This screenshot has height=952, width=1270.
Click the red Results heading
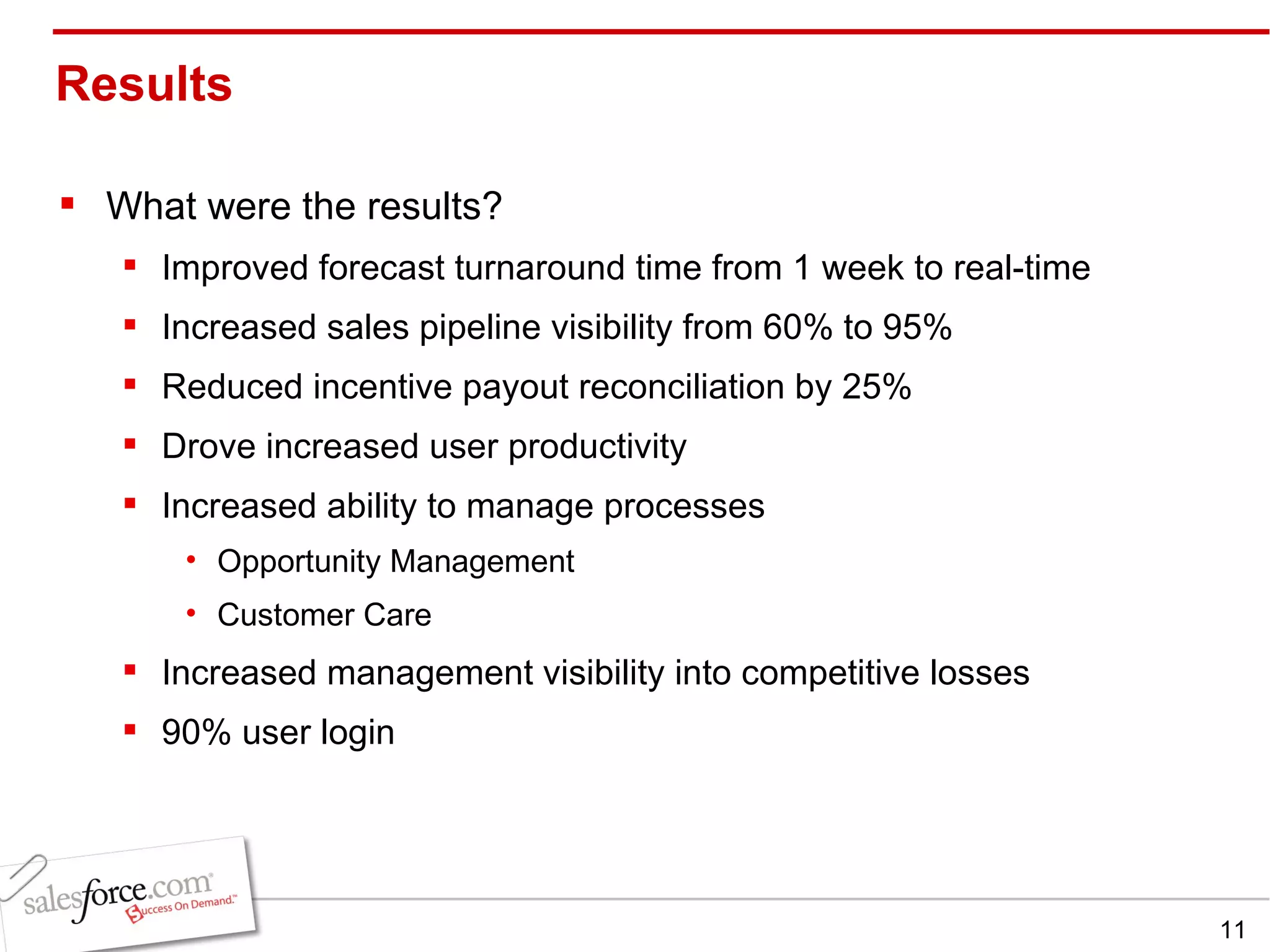click(x=144, y=84)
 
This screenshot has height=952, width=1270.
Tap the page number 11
click(x=1232, y=930)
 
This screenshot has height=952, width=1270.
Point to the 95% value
click(x=917, y=327)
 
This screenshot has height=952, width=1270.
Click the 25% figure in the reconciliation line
click(x=876, y=387)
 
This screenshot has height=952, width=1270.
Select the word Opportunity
click(x=299, y=562)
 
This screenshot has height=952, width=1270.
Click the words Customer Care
click(x=324, y=615)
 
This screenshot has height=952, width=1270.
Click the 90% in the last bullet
click(x=196, y=733)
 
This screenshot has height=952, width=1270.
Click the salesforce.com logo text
click(x=118, y=894)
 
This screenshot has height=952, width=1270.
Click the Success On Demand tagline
click(x=183, y=907)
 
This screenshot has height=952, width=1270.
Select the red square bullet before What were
click(x=68, y=203)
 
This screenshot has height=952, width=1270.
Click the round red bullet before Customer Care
click(x=192, y=613)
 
